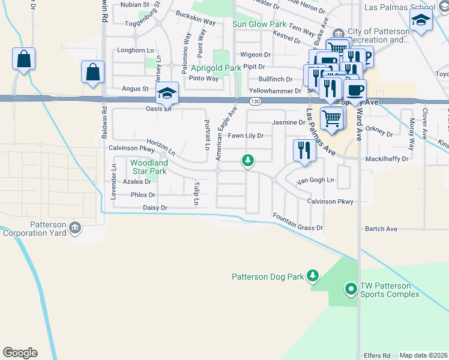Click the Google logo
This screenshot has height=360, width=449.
click(x=20, y=353)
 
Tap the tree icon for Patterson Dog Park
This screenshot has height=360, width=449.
click(x=312, y=275)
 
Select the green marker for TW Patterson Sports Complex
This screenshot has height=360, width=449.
click(x=351, y=290)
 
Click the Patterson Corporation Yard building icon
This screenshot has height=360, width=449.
click(x=75, y=227)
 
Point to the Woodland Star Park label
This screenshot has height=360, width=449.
click(x=149, y=167)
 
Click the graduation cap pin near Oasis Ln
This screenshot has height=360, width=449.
click(x=167, y=92)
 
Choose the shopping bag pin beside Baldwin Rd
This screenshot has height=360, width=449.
click(x=94, y=71)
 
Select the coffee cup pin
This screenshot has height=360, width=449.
click(x=355, y=91)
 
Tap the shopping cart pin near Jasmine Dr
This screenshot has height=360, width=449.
click(x=332, y=118)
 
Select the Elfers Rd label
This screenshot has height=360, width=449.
click(x=377, y=355)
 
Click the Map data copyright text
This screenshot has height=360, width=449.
click(x=424, y=355)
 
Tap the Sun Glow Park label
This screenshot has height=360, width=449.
click(x=259, y=25)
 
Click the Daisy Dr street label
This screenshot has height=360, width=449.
click(x=154, y=208)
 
